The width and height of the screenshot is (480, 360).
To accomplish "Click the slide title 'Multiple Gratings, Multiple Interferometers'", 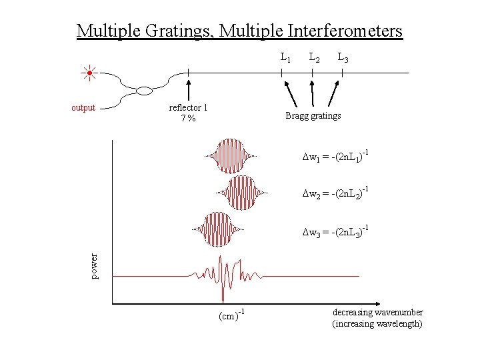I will coord(239,31).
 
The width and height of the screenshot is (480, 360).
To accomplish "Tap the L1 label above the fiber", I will coord(285,58).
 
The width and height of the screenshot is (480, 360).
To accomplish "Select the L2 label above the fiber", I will coord(313,58).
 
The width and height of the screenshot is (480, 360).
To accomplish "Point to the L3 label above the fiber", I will coord(342,58).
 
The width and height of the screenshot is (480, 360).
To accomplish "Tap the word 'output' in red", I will coord(83,107).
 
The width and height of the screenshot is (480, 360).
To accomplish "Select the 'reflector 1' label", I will coord(188,107).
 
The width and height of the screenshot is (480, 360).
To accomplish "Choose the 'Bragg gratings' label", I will coord(313,115).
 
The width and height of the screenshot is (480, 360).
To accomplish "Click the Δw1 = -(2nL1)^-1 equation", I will coord(335,157).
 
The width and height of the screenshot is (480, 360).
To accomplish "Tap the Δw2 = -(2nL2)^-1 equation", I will coord(335,195).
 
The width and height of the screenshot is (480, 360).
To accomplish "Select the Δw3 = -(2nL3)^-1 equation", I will coord(335,231).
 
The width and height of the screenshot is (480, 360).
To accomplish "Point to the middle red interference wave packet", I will coord(241,193).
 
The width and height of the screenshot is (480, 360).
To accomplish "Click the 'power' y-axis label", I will coord(95,266).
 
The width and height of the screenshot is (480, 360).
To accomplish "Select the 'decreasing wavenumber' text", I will coord(377,313).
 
